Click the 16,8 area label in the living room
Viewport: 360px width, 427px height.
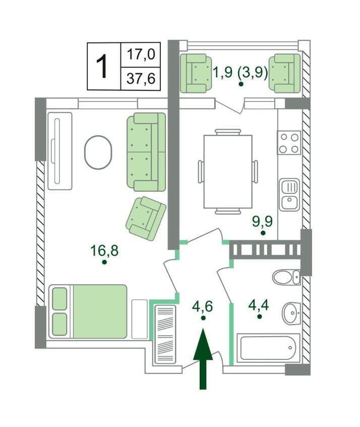[x=104, y=250]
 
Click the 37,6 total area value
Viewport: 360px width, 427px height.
[x=141, y=79]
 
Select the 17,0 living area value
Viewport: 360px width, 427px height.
[x=141, y=54]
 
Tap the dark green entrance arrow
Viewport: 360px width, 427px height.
[x=203, y=359]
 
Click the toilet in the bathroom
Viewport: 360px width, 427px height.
[x=286, y=277]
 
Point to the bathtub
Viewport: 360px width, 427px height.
[x=268, y=348]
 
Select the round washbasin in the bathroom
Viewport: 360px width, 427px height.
[x=291, y=313]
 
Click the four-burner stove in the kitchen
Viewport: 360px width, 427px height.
[x=289, y=143]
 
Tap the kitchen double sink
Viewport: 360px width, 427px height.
[x=290, y=195]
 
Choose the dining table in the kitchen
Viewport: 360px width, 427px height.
[x=228, y=172]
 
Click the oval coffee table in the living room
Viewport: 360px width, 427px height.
[x=98, y=152]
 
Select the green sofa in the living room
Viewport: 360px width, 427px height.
[x=146, y=152]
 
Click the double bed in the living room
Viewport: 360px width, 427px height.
[x=88, y=311]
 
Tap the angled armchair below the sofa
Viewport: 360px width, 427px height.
[x=146, y=219]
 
